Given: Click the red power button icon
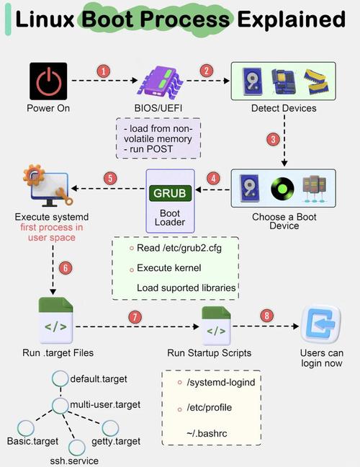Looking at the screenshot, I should (48, 81).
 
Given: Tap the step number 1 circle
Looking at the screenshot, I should (104, 71).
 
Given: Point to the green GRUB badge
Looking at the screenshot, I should (170, 193).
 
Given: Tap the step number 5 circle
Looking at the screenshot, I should (110, 177).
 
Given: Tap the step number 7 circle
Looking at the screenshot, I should (133, 316).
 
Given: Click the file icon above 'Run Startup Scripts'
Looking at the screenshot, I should (216, 324).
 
